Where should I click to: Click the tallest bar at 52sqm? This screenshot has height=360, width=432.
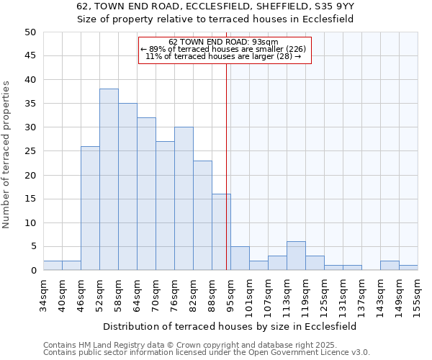click(x=109, y=179)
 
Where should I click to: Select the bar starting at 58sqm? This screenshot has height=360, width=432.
click(x=127, y=186)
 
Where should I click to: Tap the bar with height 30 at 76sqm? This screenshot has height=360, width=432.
click(x=184, y=199)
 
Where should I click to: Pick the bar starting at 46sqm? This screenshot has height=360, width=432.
click(x=90, y=208)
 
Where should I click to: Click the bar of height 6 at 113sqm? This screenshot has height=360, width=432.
click(x=296, y=256)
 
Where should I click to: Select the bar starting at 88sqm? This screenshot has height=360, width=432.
click(x=221, y=232)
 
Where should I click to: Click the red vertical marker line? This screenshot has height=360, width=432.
click(x=227, y=166)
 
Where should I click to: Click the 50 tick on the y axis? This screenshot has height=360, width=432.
click(x=30, y=32)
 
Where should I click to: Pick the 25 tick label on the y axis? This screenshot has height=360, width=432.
click(x=30, y=151)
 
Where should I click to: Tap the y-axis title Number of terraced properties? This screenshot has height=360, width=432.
click(x=6, y=155)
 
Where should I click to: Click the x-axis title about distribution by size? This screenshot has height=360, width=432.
click(x=230, y=326)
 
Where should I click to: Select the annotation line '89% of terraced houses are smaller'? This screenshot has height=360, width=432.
click(x=225, y=49)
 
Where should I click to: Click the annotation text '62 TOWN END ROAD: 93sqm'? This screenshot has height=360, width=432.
click(x=225, y=42)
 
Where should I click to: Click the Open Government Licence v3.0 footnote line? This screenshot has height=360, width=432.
click(x=206, y=352)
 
